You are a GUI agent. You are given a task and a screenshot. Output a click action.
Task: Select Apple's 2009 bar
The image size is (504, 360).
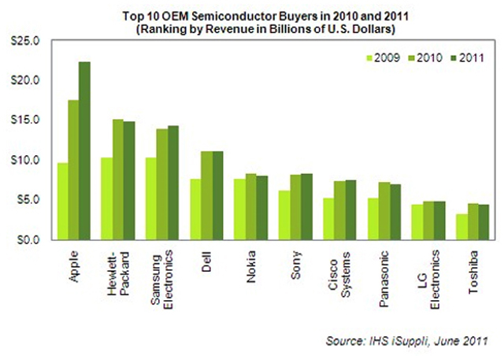62,201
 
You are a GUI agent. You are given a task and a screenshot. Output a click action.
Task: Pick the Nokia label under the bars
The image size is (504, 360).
251,259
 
